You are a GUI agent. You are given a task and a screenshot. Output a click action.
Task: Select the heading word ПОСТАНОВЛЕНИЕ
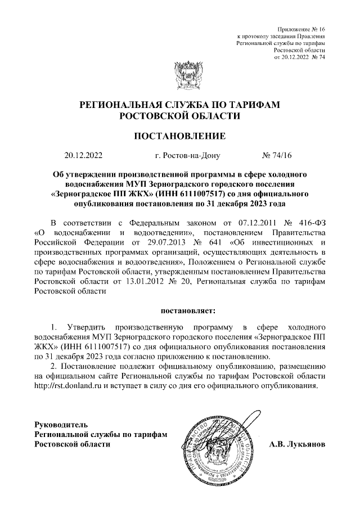click(x=179, y=136)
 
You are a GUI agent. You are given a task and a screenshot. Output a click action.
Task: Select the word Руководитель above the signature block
click(x=61, y=424)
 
